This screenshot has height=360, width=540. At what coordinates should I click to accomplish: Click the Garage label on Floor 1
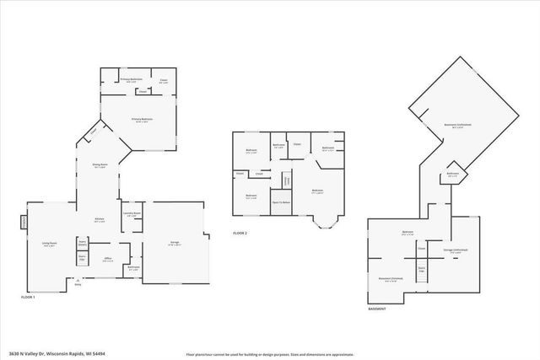pyautogui.click(x=175, y=243)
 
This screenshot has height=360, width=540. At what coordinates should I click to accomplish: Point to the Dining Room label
pyautogui.click(x=100, y=166)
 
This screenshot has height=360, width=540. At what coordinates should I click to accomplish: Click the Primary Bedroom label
pyautogui.click(x=141, y=120)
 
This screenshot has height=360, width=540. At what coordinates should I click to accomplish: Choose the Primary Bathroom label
pyautogui.click(x=130, y=79)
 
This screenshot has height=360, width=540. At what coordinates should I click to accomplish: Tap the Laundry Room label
pyautogui.click(x=131, y=214)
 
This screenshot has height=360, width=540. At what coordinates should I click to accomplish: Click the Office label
pyautogui.click(x=107, y=259)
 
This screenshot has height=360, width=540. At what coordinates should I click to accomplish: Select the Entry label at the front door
pyautogui.click(x=78, y=285)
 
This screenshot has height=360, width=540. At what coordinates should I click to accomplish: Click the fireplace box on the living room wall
pyautogui.click(x=24, y=222)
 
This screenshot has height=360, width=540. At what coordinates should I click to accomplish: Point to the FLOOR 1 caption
pyautogui.click(x=29, y=298)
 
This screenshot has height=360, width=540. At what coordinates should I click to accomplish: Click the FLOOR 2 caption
pyautogui.click(x=241, y=233)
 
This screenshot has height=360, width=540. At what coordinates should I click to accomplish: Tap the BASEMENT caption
pyautogui.click(x=377, y=309)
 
